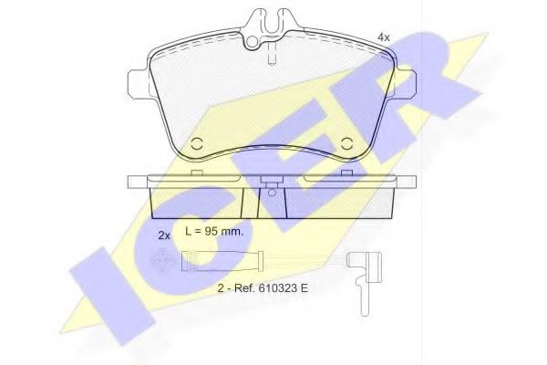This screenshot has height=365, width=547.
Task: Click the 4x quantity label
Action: [384, 37]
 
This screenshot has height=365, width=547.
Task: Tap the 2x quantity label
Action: [164, 235]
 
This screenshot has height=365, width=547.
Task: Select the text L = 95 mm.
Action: [214, 231]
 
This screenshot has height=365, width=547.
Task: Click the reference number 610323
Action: [277, 288]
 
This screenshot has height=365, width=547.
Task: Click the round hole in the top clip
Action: [252, 42]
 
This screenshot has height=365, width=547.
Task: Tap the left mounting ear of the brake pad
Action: [139, 83]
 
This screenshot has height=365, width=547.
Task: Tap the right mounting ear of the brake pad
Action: [404, 83]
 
